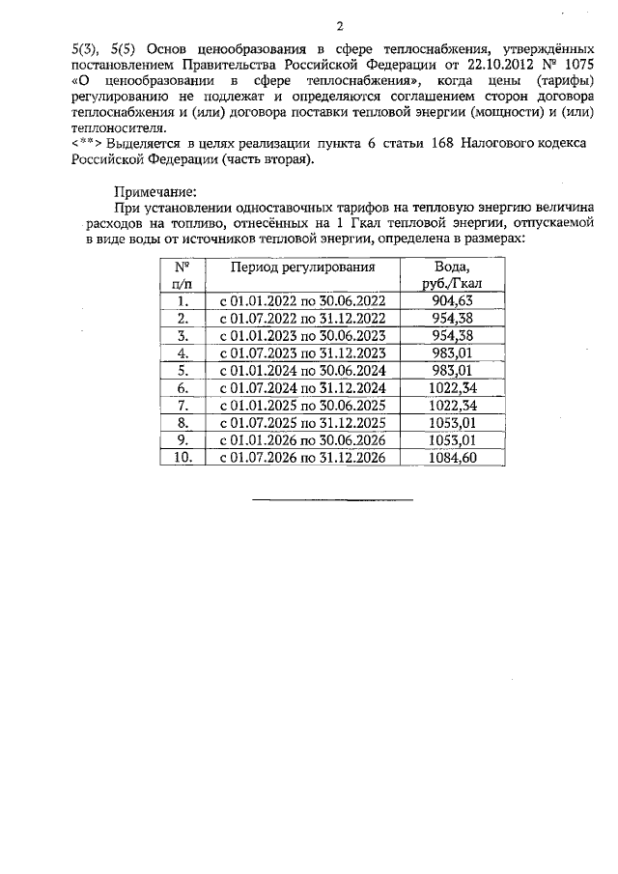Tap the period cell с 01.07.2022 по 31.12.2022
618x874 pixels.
point(302,319)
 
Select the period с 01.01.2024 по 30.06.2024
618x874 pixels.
point(302,371)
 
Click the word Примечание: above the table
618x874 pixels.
point(154,191)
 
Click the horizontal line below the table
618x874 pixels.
point(332,499)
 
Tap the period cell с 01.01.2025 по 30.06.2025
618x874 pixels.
point(302,406)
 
